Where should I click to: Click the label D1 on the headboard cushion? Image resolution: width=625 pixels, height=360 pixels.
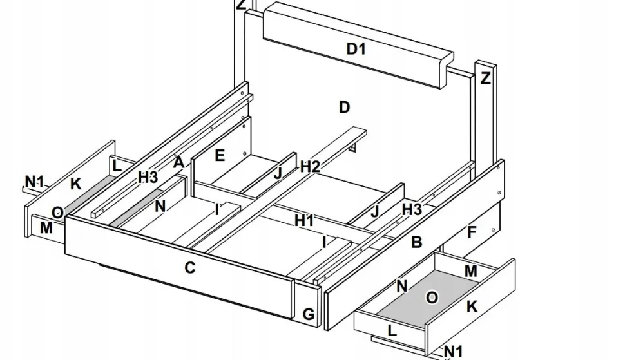pyautogui.click(x=356, y=48)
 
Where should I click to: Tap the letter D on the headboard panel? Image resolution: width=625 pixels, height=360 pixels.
pyautogui.click(x=345, y=107)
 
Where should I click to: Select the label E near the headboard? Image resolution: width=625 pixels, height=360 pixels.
pyautogui.click(x=220, y=155)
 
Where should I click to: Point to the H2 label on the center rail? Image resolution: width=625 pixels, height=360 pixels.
pyautogui.click(x=310, y=167)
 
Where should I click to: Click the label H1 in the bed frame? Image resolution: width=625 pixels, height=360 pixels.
pyautogui.click(x=304, y=221)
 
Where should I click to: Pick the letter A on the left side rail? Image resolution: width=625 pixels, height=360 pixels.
pyautogui.click(x=179, y=162)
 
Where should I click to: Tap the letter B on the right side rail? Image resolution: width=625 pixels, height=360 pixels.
pyautogui.click(x=417, y=242)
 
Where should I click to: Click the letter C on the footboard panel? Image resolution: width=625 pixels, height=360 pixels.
pyautogui.click(x=189, y=267)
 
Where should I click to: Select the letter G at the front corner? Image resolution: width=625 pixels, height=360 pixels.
pyautogui.click(x=309, y=314)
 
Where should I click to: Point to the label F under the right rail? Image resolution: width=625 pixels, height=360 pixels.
pyautogui.click(x=471, y=232)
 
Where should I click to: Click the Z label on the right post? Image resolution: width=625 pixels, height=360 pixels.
pyautogui.click(x=485, y=79)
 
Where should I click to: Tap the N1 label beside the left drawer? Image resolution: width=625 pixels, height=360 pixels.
pyautogui.click(x=35, y=182)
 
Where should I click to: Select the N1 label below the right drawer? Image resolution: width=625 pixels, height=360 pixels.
pyautogui.click(x=454, y=351)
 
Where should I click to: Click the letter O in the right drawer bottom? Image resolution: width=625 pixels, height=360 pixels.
pyautogui.click(x=432, y=297)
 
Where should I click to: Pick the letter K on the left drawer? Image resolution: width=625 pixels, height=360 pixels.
pyautogui.click(x=75, y=184)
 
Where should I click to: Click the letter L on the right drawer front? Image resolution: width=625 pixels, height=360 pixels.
pyautogui.click(x=392, y=331)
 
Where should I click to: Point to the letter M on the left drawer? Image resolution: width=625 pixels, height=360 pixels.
pyautogui.click(x=46, y=227)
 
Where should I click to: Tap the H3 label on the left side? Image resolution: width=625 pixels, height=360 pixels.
pyautogui.click(x=148, y=178)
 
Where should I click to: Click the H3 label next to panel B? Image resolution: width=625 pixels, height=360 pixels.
pyautogui.click(x=412, y=209)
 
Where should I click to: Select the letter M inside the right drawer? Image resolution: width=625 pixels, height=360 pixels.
pyautogui.click(x=471, y=271)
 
